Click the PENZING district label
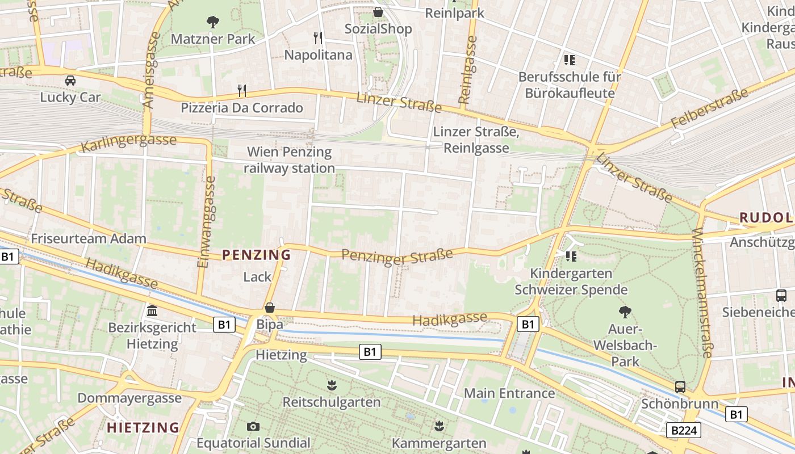click(x=256, y=255)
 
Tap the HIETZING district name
click(x=143, y=427)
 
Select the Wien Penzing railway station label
click(x=289, y=160)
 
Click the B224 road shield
click(x=683, y=430)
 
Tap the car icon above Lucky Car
click(x=70, y=81)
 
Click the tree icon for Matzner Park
click(x=213, y=22)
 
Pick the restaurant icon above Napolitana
click(x=318, y=38)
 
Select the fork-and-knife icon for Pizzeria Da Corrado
click(x=242, y=90)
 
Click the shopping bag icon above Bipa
click(x=270, y=308)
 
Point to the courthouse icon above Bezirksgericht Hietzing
click(x=152, y=310)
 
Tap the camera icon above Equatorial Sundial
click(x=253, y=426)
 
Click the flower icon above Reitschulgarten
click(x=332, y=386)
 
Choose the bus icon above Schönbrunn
click(x=680, y=387)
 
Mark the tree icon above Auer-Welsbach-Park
click(x=625, y=312)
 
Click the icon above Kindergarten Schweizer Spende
click(x=571, y=257)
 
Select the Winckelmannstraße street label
click(x=702, y=293)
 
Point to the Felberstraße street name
click(x=710, y=108)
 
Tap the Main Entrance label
click(x=509, y=393)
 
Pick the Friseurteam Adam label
click(x=89, y=238)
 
